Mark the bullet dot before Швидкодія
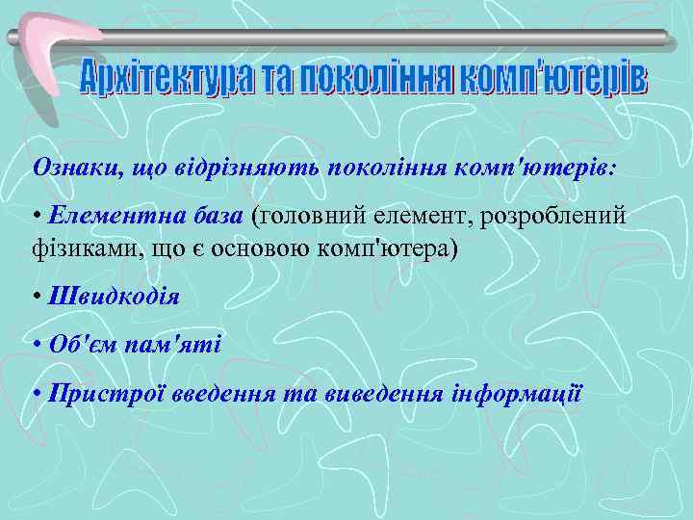[x=36, y=296]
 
